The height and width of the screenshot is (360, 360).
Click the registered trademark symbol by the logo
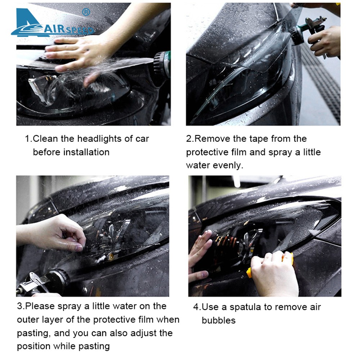click(x=86, y=12)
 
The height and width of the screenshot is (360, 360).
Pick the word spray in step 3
click(x=68, y=307)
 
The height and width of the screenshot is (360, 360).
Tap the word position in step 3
click(x=33, y=347)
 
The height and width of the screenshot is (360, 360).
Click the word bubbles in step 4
click(x=219, y=320)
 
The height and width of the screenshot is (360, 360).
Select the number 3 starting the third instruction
click(x=19, y=306)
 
